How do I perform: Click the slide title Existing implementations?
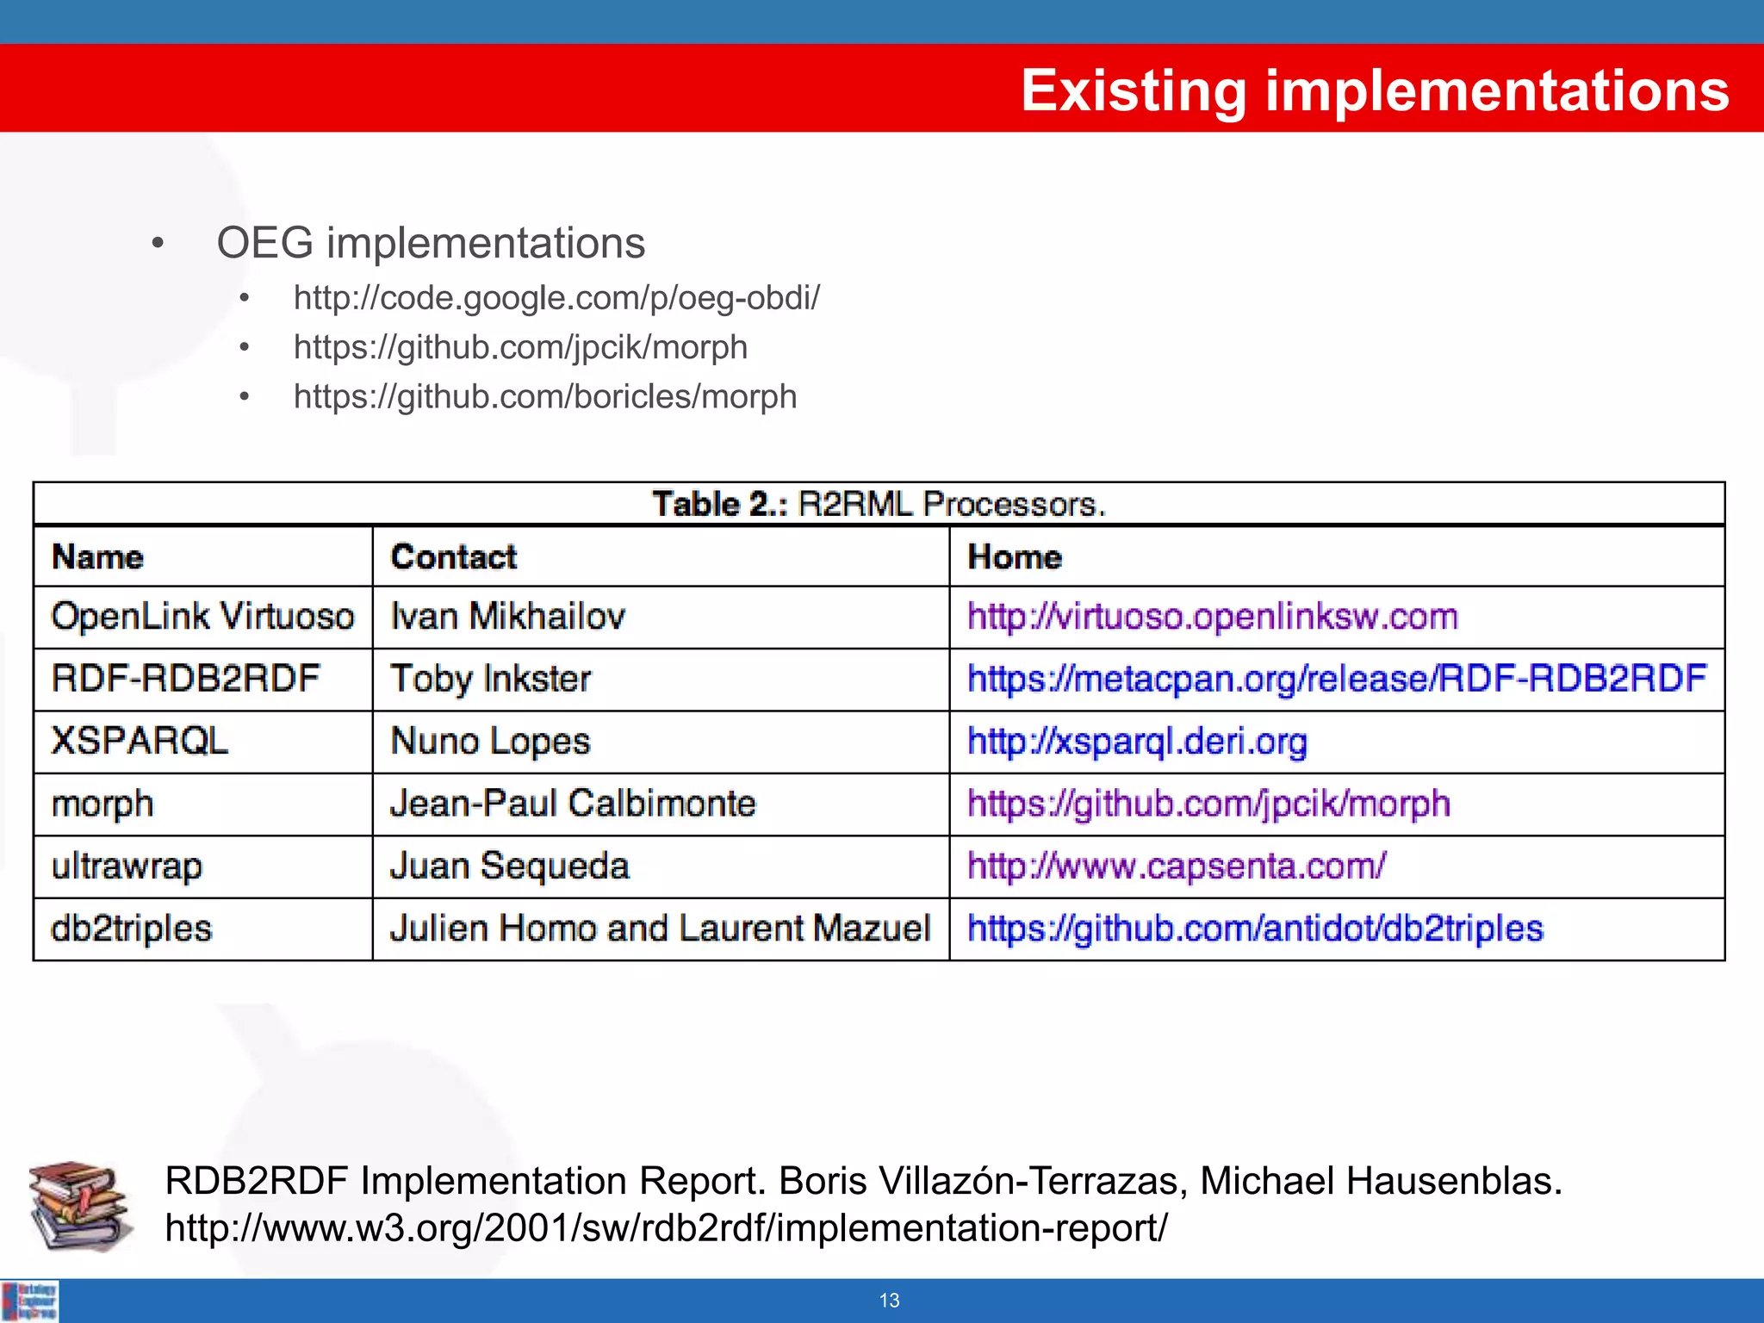[x=1375, y=91]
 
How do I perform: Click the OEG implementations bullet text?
[x=431, y=243]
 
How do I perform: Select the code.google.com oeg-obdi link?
[x=556, y=298]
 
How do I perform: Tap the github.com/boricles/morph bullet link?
[x=544, y=397]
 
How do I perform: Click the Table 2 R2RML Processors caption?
[x=879, y=504]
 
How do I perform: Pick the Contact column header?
[x=454, y=557]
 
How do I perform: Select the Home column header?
[x=1015, y=557]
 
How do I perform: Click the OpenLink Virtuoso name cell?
[x=202, y=617]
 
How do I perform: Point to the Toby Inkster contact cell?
[x=491, y=680]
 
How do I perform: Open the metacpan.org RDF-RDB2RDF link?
[x=1337, y=679]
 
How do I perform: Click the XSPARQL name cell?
[x=140, y=742]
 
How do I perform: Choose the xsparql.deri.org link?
[x=1137, y=742]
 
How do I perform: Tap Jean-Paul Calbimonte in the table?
[x=573, y=804]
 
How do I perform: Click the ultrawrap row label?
[x=127, y=866]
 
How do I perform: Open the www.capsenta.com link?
[x=1177, y=866]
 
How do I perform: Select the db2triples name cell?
[x=132, y=929]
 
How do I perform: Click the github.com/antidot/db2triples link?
[x=1255, y=929]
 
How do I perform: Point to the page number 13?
[x=889, y=1301]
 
